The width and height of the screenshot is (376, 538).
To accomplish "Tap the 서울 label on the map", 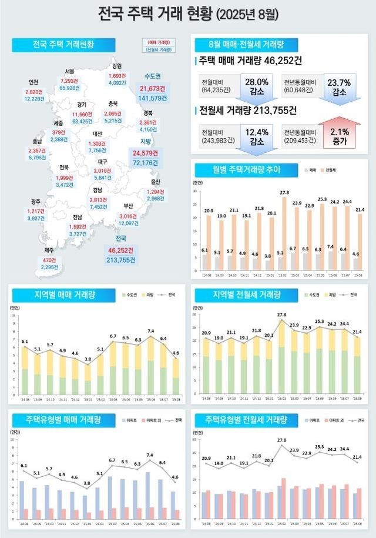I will pos(69,72).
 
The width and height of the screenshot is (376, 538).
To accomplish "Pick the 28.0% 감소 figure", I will pos(256,86).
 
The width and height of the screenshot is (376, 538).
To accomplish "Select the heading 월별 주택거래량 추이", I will pos(246,170).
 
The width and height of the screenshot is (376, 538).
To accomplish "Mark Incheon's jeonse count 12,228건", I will pos(33,99).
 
